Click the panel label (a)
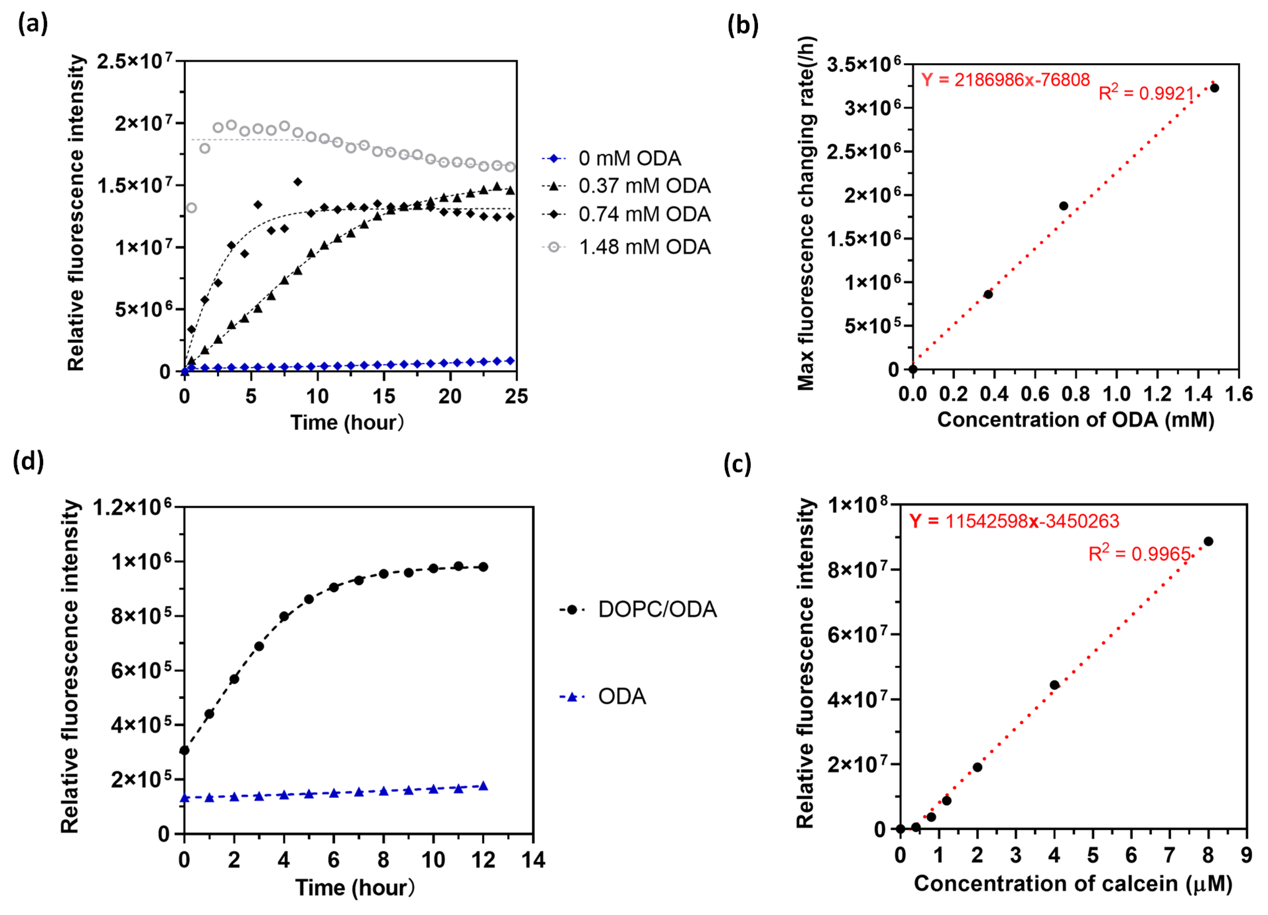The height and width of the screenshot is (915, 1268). point(33,24)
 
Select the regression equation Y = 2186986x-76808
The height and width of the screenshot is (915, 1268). point(1005,80)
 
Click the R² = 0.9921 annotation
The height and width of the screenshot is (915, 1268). point(1146,93)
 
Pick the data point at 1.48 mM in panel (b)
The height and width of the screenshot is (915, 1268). point(1214,88)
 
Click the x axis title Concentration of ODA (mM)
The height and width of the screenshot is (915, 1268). point(1075,419)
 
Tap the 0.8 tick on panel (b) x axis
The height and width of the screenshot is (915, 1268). point(1075,394)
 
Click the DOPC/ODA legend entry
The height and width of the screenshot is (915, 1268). point(657,609)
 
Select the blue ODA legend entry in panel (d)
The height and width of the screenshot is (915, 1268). point(622,697)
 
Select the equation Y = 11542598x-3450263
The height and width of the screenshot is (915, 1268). point(1013,521)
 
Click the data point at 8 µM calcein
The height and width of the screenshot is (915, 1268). point(1208,541)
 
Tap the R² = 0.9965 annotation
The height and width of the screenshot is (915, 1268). point(1140,554)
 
